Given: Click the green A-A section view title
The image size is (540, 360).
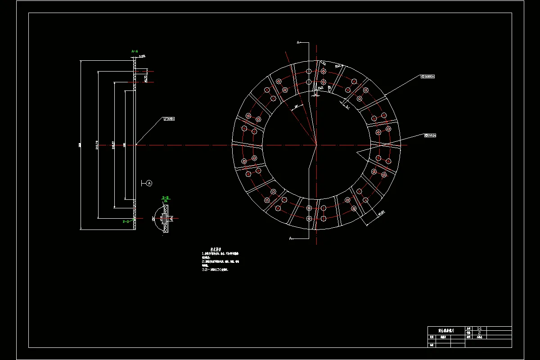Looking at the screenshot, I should point(134,52).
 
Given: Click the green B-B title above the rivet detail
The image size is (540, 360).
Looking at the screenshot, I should point(165,198).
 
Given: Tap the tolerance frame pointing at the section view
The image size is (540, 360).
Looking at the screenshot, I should point(169,119).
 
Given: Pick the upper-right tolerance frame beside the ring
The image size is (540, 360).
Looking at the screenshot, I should point(427,76).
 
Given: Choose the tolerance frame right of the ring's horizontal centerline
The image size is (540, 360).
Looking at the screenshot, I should point(431,135).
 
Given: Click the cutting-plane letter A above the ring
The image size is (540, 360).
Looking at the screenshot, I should point(298,42).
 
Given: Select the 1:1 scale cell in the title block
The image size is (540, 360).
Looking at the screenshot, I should point(479,329).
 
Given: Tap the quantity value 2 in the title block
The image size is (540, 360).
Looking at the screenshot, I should point(479,333).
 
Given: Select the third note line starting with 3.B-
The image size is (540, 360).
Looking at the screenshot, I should point(216,270).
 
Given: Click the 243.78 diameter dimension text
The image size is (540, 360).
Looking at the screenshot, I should point(98,145).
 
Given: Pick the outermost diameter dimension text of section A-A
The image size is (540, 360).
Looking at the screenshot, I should point(80,145).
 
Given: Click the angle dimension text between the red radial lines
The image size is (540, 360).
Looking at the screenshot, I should point(296,107).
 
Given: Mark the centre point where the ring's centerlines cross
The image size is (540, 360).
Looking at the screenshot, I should point(316,145).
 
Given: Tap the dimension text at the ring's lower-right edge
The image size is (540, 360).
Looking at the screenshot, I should point(381,213).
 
